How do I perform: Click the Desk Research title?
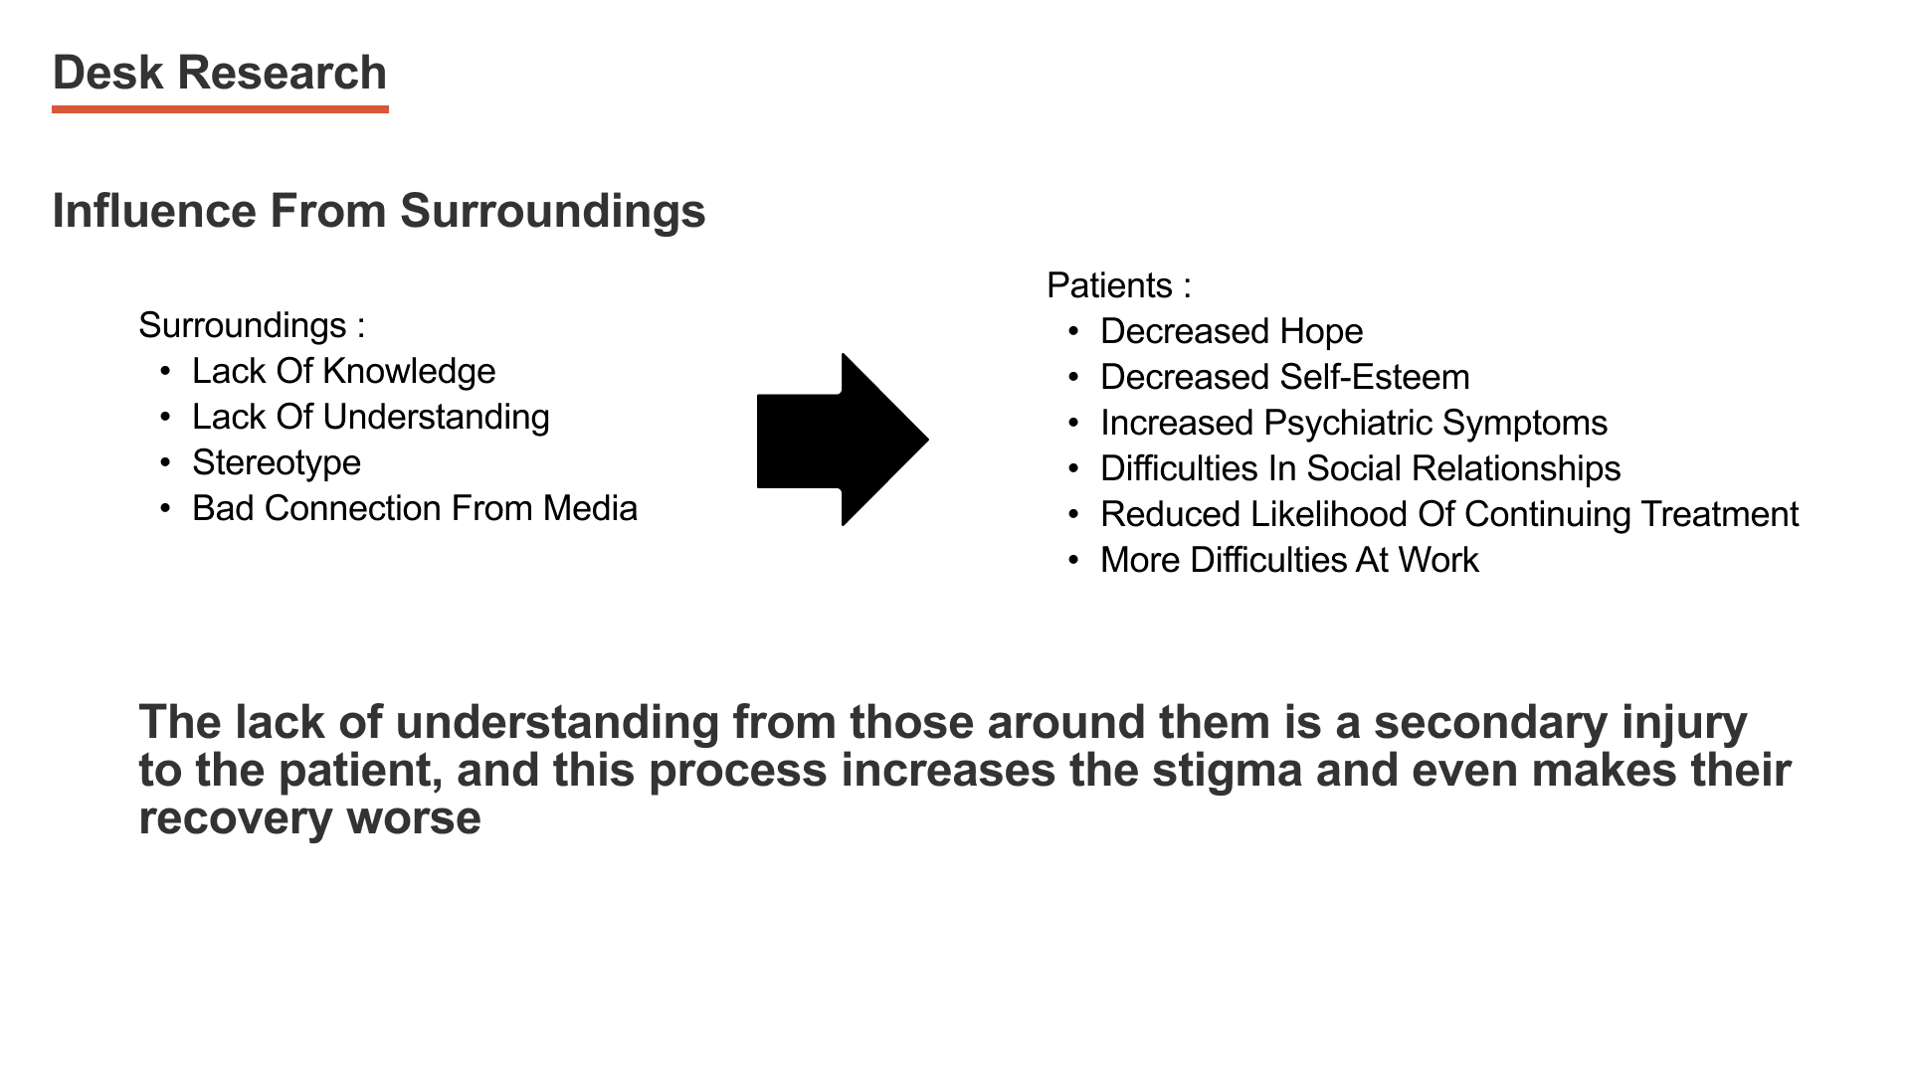[x=219, y=74]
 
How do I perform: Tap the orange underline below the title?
[x=220, y=109]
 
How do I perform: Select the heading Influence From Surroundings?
[x=378, y=211]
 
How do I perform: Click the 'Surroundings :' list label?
[x=252, y=325]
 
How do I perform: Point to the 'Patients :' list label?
[x=1118, y=285]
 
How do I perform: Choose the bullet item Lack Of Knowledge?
[x=343, y=371]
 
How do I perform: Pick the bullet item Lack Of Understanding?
[x=370, y=417]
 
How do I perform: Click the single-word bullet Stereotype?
[x=276, y=462]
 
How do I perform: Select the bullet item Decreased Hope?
[x=1231, y=331]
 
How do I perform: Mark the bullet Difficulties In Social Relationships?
[x=1360, y=468]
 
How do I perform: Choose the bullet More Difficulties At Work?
[x=1289, y=560]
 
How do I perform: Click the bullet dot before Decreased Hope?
[x=1073, y=331]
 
